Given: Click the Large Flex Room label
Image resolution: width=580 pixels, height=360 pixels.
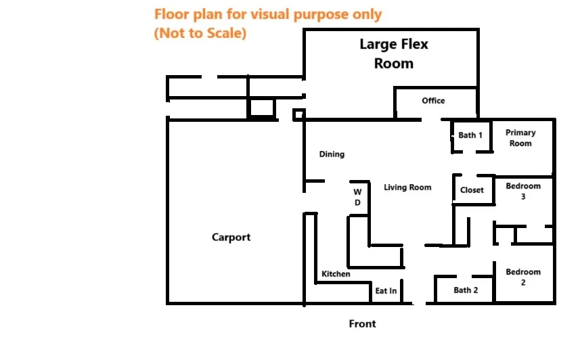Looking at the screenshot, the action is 394,54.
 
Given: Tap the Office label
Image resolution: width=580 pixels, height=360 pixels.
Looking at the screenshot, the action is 433,101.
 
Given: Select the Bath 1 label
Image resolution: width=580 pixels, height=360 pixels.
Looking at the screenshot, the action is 470,135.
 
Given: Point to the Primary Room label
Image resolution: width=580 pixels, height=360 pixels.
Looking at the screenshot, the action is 520,138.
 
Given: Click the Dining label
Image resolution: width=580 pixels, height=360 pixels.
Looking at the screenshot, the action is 332,154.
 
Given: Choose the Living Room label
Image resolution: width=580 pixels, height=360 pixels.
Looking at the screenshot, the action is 407,187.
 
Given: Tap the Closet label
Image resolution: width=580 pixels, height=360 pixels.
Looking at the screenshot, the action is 472,190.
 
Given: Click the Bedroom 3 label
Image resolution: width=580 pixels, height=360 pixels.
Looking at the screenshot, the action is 523,192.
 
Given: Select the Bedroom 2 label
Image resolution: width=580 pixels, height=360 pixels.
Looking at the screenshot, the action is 523,277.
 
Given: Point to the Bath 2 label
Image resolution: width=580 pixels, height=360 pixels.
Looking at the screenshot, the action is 466,290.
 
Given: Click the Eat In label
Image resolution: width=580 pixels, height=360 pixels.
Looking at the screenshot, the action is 386,291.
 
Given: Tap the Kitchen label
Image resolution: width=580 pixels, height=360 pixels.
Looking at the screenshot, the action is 336,274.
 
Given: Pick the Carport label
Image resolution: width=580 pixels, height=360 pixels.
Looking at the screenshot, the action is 231,237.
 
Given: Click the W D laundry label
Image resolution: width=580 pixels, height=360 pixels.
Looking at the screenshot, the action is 357,197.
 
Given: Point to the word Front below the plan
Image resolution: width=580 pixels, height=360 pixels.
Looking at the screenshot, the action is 362,323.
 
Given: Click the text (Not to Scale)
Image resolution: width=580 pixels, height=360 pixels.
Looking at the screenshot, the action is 200,33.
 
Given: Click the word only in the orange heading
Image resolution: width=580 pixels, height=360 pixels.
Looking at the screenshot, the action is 367,15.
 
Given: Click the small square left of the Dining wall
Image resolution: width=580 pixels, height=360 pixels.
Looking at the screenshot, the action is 299,114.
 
